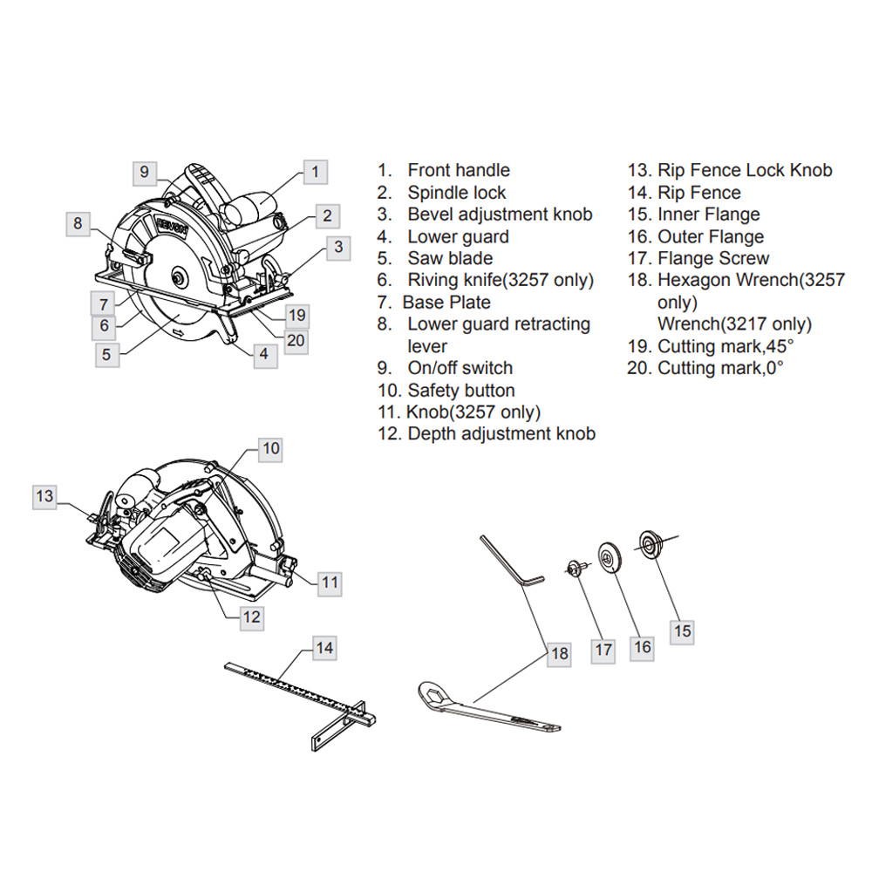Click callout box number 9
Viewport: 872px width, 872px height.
[146, 171]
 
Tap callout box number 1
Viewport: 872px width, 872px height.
[315, 171]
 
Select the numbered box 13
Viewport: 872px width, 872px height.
[44, 496]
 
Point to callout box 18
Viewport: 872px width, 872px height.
[559, 652]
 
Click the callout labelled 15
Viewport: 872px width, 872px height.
[683, 630]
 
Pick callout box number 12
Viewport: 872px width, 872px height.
[251, 617]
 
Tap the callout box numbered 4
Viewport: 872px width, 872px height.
[263, 354]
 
